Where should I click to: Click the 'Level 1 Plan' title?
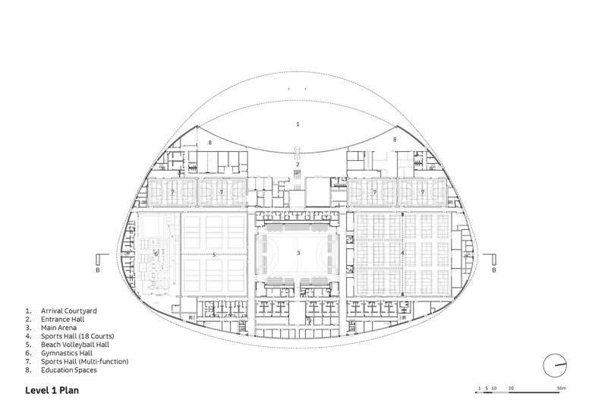point(52,390)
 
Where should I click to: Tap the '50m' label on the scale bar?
point(562,388)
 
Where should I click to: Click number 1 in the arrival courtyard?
point(298,124)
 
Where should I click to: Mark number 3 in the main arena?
point(298,253)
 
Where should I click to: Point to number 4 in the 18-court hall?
point(403,253)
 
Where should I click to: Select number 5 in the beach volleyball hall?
point(214,255)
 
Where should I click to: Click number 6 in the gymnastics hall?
point(156,254)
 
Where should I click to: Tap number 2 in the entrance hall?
point(298,164)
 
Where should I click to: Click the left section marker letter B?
point(98,270)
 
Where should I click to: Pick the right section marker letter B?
point(494,270)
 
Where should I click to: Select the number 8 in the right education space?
point(395,140)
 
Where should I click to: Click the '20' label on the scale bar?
point(511,388)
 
